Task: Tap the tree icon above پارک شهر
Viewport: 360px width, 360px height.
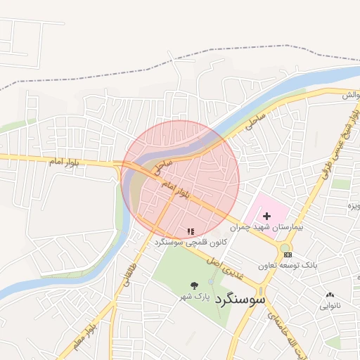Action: pyautogui.click(x=194, y=285)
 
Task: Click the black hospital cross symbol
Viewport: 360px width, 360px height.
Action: pyautogui.click(x=266, y=216)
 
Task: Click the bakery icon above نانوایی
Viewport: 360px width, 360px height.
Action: pyautogui.click(x=330, y=295)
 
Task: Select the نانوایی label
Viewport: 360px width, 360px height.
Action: pyautogui.click(x=330, y=306)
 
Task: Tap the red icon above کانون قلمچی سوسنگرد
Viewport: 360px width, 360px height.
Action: pyautogui.click(x=190, y=231)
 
